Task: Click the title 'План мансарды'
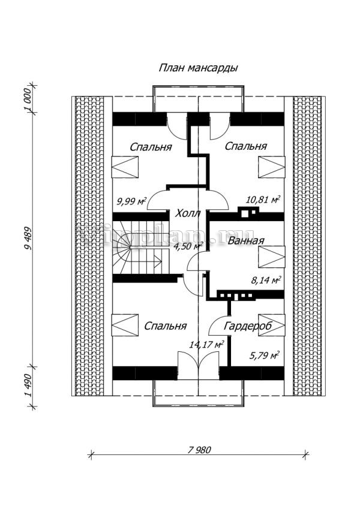[x=198, y=68]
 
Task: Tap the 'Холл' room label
[x=188, y=213]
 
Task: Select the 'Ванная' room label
[x=246, y=242]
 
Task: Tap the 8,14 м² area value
[x=265, y=279]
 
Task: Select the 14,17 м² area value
[x=206, y=345]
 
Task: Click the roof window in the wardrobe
[x=272, y=324]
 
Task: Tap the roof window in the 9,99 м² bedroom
[x=125, y=166]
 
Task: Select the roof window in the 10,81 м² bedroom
[x=272, y=166]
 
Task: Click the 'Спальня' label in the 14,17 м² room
[x=165, y=326]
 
